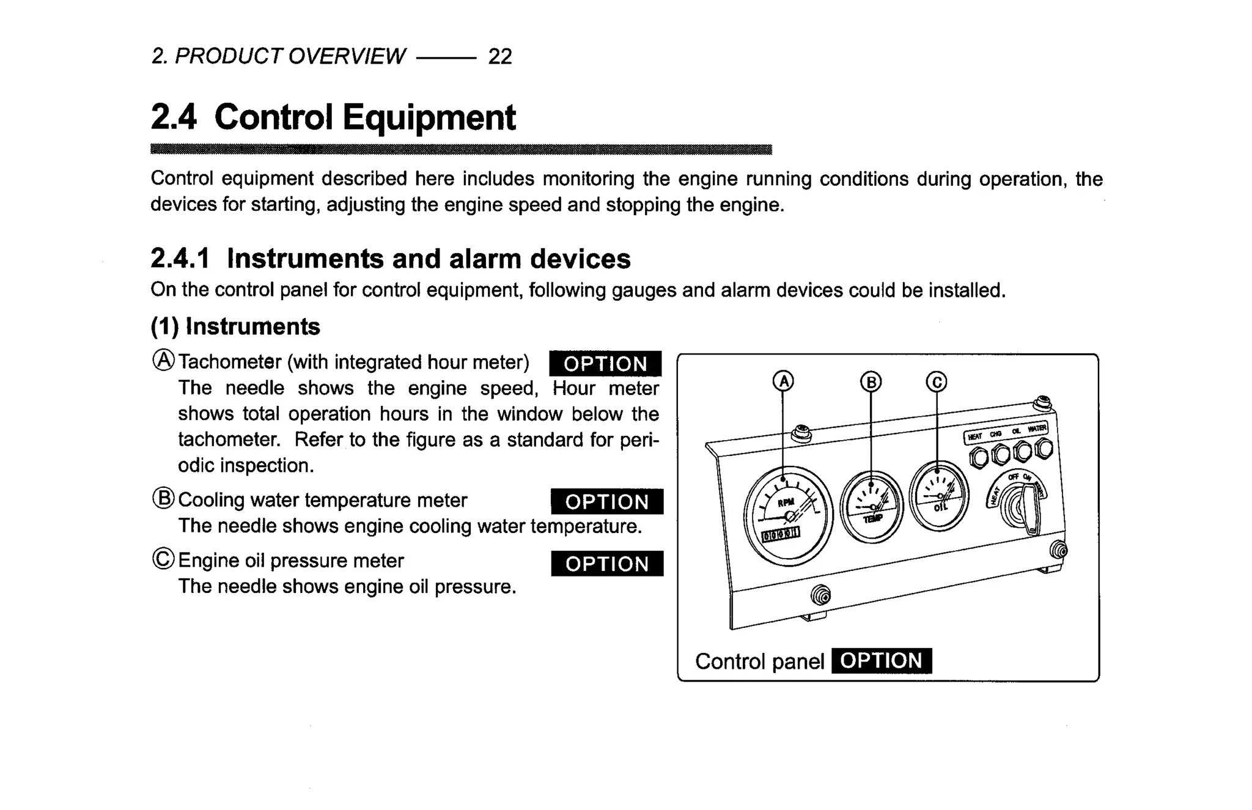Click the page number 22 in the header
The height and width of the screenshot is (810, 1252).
[499, 57]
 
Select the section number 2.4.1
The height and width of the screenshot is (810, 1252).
[180, 259]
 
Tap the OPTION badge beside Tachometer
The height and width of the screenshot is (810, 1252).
[605, 364]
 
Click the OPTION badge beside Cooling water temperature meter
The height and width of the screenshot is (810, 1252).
[606, 502]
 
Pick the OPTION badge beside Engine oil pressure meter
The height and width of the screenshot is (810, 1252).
[606, 564]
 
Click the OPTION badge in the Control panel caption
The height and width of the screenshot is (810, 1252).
[881, 661]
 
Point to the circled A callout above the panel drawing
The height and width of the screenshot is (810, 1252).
[783, 381]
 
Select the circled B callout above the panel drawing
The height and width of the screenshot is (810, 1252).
[871, 382]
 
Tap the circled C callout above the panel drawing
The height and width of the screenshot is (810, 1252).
[936, 382]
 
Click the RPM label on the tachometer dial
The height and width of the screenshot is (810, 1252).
[786, 503]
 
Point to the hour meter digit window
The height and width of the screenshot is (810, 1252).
[780, 535]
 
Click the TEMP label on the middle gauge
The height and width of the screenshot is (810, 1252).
[873, 518]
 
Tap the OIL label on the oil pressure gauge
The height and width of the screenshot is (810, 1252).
[940, 507]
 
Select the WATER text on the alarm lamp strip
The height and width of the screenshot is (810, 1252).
[1037, 429]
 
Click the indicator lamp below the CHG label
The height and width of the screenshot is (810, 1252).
[1001, 454]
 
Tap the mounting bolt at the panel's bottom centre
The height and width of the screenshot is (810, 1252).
[820, 594]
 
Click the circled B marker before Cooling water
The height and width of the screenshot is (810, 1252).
[163, 499]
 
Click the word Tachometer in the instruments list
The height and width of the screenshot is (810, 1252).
[230, 362]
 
